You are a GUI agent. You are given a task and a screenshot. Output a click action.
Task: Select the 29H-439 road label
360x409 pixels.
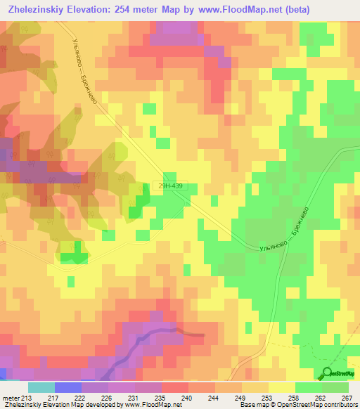pyautogui.click(x=171, y=186)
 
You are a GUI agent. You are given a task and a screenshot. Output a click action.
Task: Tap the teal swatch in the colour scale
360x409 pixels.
pyautogui.click(x=41, y=387)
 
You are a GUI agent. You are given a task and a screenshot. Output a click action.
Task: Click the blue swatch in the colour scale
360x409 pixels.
pyautogui.click(x=68, y=387)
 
